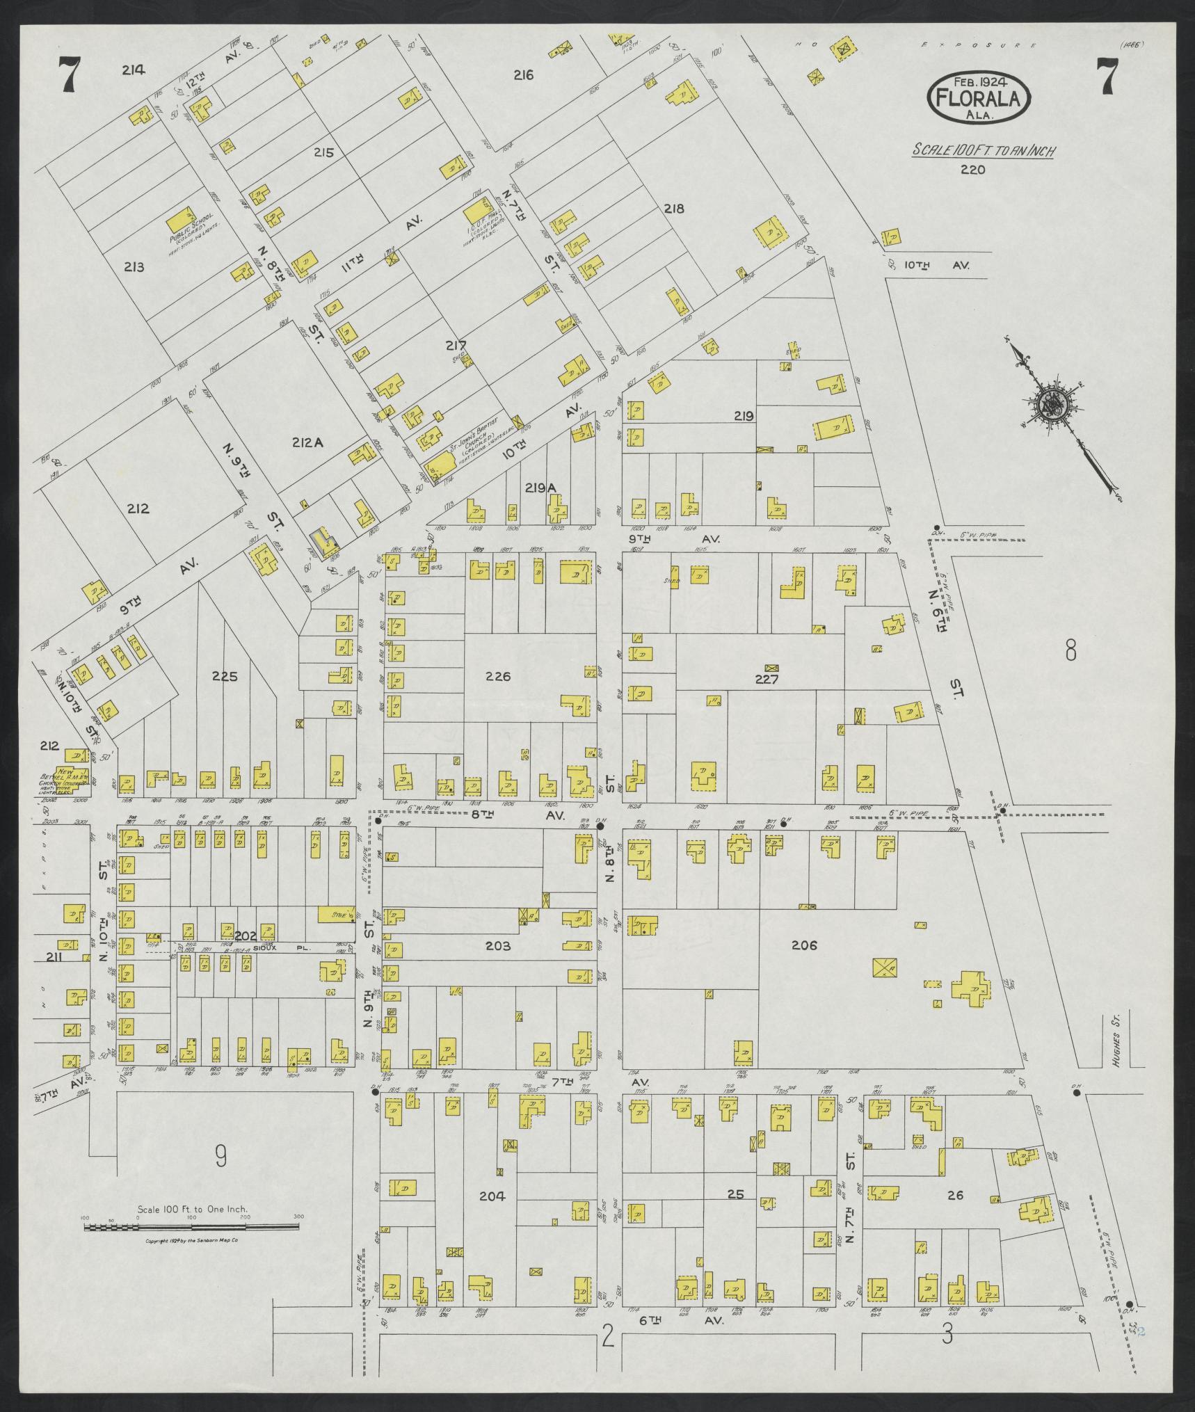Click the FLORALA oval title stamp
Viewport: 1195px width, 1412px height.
(978, 98)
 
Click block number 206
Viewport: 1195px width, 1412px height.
(804, 945)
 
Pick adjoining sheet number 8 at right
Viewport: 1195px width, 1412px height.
(1070, 651)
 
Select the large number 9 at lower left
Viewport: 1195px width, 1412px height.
(220, 1156)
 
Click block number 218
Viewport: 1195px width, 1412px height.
(673, 208)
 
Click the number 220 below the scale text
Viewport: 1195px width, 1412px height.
(972, 169)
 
